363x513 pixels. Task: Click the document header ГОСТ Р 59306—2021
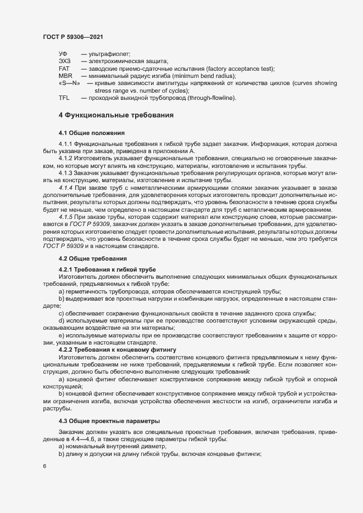71,36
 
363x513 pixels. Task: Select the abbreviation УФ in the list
63,54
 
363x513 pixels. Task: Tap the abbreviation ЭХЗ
64,61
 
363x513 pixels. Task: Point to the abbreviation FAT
64,69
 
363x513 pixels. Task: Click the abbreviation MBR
65,76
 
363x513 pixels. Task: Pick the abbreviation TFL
64,98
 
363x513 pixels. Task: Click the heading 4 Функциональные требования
116,116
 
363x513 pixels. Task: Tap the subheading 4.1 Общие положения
92,133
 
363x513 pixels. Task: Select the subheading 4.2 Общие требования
93,243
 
